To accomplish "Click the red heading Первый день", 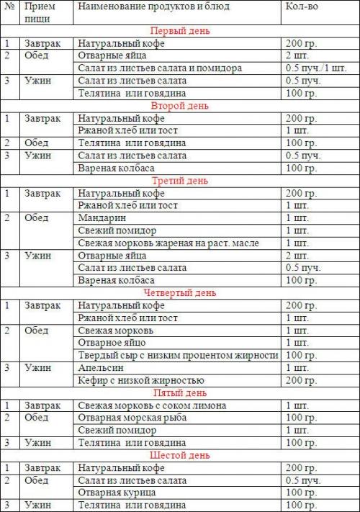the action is coord(180,31).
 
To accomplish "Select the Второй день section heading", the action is coord(180,106).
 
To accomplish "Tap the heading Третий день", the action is coord(180,180).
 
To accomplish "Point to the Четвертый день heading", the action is coord(180,293).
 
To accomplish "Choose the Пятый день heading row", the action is coord(180,393).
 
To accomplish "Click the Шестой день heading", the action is coord(180,455).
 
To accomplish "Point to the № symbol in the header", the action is coord(9,6).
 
